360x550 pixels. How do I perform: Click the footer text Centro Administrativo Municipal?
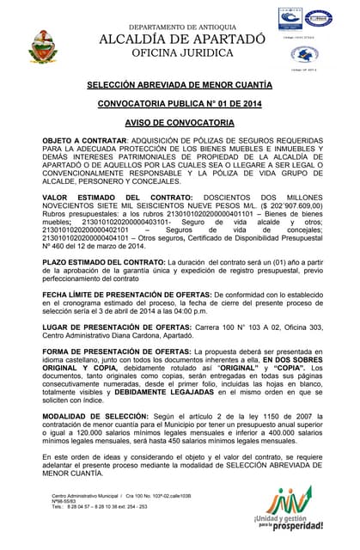click(85, 497)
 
